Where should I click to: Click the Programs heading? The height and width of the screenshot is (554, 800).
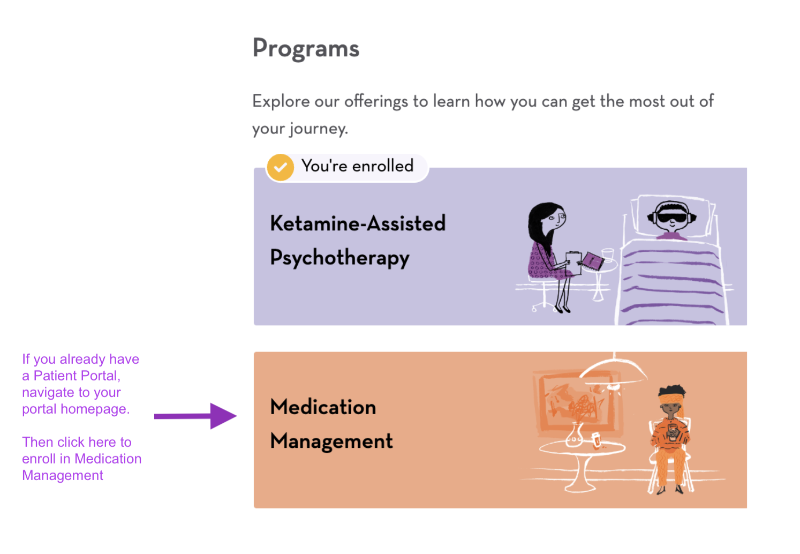pos(306,49)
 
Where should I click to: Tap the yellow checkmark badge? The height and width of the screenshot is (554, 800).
pos(280,167)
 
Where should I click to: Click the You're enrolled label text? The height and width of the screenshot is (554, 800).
pos(357,166)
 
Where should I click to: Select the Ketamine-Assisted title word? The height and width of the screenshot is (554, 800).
pos(358,223)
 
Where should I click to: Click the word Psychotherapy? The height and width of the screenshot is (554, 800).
pos(339,258)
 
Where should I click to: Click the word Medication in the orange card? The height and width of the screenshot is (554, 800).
pos(323,407)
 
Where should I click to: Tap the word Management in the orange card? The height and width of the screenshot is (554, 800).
pos(331,441)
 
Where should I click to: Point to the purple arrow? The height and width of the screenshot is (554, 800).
pos(195,416)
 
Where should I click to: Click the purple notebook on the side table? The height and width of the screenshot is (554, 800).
pos(593,261)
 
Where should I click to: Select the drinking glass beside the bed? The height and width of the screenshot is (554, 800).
pos(608,254)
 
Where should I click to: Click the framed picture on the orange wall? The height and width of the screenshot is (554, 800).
pos(570,402)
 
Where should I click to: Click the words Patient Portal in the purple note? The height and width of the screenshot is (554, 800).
pos(75,376)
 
